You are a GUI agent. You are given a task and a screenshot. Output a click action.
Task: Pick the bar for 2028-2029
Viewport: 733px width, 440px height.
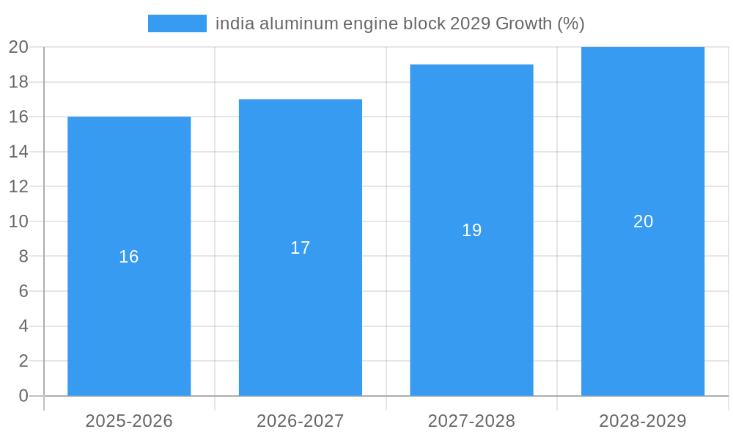point(643,308)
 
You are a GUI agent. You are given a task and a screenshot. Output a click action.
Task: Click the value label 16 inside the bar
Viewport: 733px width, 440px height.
point(129,257)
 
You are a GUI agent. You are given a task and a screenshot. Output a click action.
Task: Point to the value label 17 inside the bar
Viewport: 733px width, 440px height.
point(301,248)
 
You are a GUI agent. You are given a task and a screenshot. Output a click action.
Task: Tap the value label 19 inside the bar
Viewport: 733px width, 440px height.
point(471,230)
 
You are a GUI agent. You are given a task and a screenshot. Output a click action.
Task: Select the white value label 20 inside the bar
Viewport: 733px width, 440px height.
point(643,221)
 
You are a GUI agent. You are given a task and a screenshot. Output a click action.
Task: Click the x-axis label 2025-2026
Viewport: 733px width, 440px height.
point(129,421)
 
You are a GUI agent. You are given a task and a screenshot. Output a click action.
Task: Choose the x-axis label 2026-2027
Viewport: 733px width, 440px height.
point(301,421)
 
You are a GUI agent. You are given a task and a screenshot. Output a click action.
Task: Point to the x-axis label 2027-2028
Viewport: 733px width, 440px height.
point(471,421)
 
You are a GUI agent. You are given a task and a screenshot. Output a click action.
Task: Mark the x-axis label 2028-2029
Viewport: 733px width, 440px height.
point(643,421)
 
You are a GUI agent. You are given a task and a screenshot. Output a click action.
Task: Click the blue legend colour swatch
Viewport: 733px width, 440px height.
point(177,23)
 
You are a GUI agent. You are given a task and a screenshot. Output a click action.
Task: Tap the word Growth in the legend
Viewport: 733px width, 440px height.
point(524,23)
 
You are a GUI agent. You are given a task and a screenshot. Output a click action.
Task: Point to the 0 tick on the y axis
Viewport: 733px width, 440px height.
point(23,396)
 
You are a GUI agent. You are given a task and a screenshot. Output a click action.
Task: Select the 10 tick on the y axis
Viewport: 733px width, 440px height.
point(18,221)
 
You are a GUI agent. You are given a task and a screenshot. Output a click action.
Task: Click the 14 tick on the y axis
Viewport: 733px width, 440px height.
point(18,152)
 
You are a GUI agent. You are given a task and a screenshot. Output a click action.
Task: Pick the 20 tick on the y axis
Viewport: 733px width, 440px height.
point(18,47)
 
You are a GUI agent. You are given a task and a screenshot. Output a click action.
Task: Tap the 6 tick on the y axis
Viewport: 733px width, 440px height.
point(23,291)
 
